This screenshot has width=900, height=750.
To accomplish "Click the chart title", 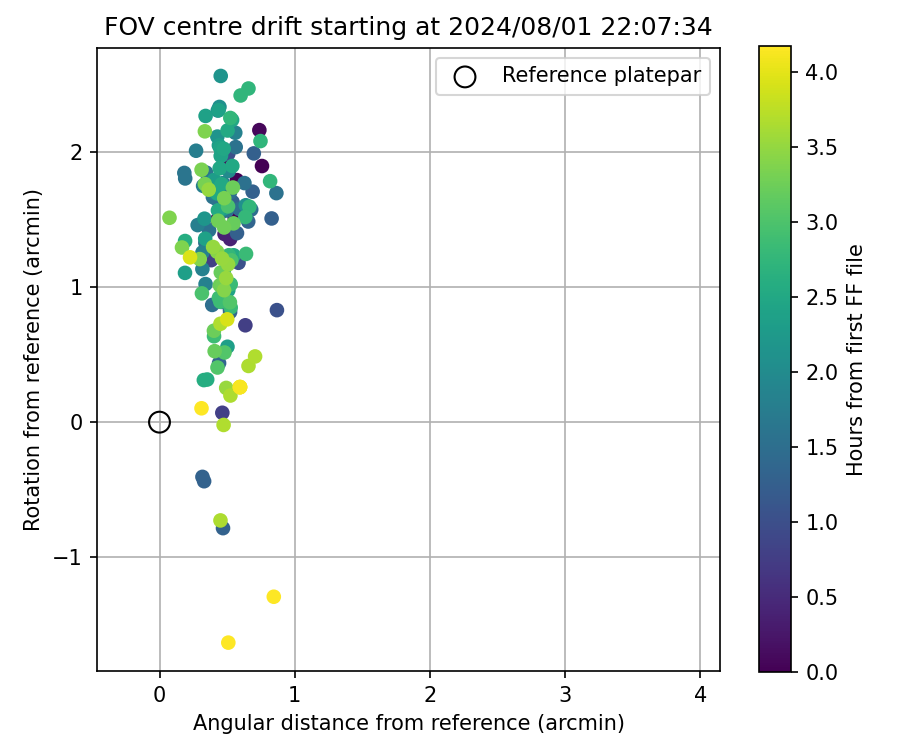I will tap(408, 27).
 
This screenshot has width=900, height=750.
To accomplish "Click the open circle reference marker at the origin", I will tap(159, 422).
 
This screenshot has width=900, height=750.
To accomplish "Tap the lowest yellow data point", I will tap(228, 642).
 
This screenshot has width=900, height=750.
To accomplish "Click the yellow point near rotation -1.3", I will tap(273, 597).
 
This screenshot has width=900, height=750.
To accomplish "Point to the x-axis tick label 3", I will tap(565, 694).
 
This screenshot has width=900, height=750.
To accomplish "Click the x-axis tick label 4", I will tap(700, 694).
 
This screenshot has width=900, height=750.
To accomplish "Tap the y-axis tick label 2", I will tap(77, 152).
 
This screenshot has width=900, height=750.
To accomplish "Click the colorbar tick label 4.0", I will tap(821, 72).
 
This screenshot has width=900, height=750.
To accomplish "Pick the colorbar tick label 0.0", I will tap(821, 671).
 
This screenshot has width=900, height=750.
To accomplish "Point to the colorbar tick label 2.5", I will tap(821, 297).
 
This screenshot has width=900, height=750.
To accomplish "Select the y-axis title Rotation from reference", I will tap(32, 359).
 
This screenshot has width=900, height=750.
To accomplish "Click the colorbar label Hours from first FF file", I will tap(855, 359).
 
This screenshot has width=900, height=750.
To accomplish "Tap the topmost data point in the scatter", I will tap(221, 76).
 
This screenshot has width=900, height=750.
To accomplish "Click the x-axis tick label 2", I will tap(430, 694).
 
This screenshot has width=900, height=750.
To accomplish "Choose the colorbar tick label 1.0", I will tap(821, 522).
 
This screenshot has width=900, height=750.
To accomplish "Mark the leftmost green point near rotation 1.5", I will tap(169, 218).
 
